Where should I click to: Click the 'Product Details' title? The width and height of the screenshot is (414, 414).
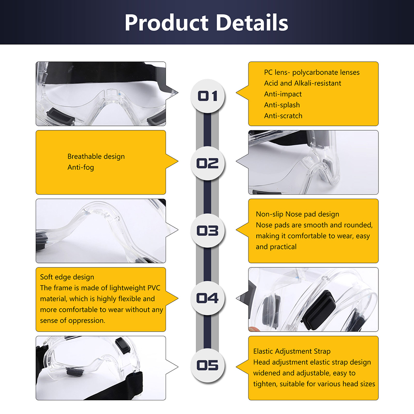coord(206,22)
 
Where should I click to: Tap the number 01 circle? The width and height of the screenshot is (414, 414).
coord(207,96)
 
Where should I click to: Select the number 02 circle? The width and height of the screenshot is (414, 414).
coord(207,163)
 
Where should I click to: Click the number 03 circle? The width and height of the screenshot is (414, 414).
coord(207,231)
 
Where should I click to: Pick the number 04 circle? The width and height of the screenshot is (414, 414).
coord(207,298)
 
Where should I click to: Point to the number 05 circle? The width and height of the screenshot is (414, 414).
coord(207,365)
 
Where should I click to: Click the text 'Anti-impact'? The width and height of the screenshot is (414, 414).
coord(283,94)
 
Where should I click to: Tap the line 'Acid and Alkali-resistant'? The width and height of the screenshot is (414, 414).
coord(303,83)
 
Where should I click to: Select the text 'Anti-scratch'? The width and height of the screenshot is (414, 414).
coord(283,116)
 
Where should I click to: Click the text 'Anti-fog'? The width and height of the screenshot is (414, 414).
coord(81,167)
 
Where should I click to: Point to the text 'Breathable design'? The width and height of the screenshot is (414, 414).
coord(96,156)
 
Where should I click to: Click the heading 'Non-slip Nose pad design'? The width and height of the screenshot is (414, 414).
coord(297,214)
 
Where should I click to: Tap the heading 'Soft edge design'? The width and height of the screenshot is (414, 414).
coord(67,277)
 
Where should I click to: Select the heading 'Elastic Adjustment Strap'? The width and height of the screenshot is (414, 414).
coord(292,351)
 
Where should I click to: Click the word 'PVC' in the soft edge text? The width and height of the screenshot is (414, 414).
coord(154,288)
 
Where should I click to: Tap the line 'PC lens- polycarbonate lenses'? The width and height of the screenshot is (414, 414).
coord(312,72)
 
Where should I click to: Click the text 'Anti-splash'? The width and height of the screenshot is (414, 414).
coord(282,105)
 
